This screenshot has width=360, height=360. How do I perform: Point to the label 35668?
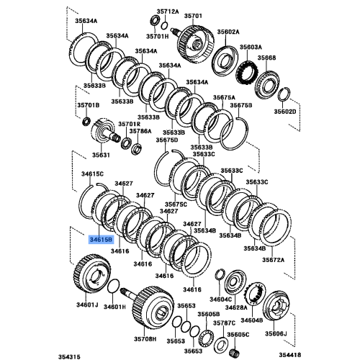click(x=267, y=58)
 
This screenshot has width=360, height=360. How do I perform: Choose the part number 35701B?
click(x=88, y=105)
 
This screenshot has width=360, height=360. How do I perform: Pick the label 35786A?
click(x=140, y=132)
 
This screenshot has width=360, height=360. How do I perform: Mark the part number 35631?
click(x=100, y=154)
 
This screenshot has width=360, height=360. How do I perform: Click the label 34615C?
click(x=92, y=174)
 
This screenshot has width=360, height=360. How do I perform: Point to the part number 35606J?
click(x=275, y=334)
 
